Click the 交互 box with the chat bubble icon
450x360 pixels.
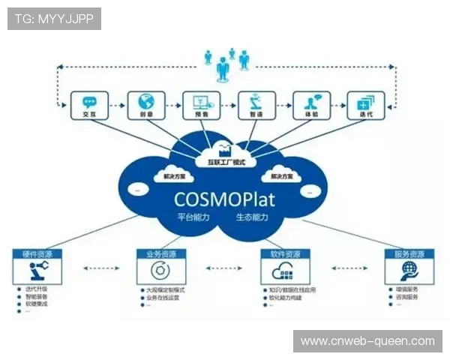tap(89, 106)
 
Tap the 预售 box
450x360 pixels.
tap(201, 106)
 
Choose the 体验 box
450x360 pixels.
tap(311, 106)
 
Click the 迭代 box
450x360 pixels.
tap(366, 106)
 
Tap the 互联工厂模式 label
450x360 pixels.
tap(226, 161)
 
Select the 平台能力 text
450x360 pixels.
tap(193, 217)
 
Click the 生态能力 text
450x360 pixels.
tap(252, 217)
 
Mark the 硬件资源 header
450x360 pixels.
tap(37, 254)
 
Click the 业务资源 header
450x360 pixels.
tap(160, 254)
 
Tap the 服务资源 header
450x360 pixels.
tap(409, 254)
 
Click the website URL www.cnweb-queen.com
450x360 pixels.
tap(367, 341)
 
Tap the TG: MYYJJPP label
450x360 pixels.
tap(53, 19)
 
